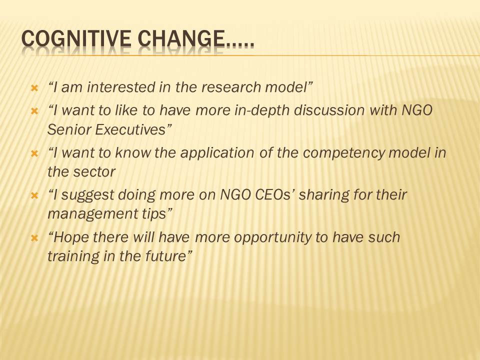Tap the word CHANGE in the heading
(180, 38)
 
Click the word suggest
(87, 195)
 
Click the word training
(73, 256)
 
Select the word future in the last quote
(165, 256)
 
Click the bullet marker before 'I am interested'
(34, 89)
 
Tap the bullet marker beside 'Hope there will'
(34, 237)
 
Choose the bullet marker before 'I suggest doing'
(34, 195)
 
